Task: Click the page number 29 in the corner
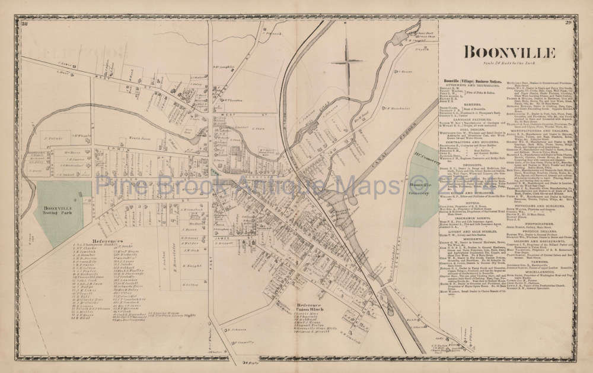point(568,23)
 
